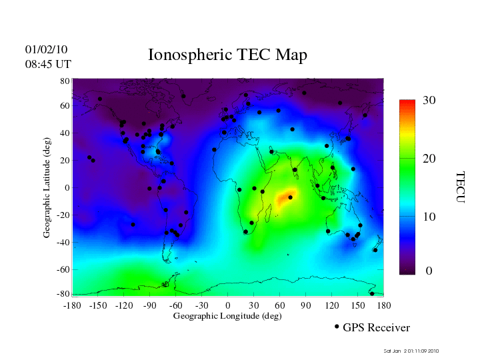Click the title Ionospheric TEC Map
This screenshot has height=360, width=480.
click(x=227, y=55)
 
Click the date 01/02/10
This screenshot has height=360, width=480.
click(x=46, y=50)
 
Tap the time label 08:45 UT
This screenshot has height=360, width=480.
click(x=48, y=64)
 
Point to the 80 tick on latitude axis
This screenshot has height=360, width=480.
click(x=65, y=81)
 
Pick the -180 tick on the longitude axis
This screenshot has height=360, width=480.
click(x=71, y=305)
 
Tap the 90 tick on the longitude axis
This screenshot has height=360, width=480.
click(x=306, y=305)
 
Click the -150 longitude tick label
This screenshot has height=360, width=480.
click(x=98, y=305)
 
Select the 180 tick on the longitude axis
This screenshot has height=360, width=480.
click(x=384, y=305)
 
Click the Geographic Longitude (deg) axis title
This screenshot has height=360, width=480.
click(x=227, y=316)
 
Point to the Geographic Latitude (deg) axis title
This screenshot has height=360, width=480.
click(x=47, y=192)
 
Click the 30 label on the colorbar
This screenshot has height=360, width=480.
click(x=429, y=101)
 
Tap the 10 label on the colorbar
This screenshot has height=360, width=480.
click(x=429, y=217)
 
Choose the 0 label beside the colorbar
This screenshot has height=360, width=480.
click(x=429, y=271)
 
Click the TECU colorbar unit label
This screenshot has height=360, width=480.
click(x=460, y=187)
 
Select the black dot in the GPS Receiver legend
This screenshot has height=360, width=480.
click(x=337, y=327)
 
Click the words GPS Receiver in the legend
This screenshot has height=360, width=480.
click(x=376, y=328)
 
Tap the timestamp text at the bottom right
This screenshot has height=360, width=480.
click(x=411, y=351)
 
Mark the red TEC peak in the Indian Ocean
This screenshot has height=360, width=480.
click(x=288, y=197)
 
